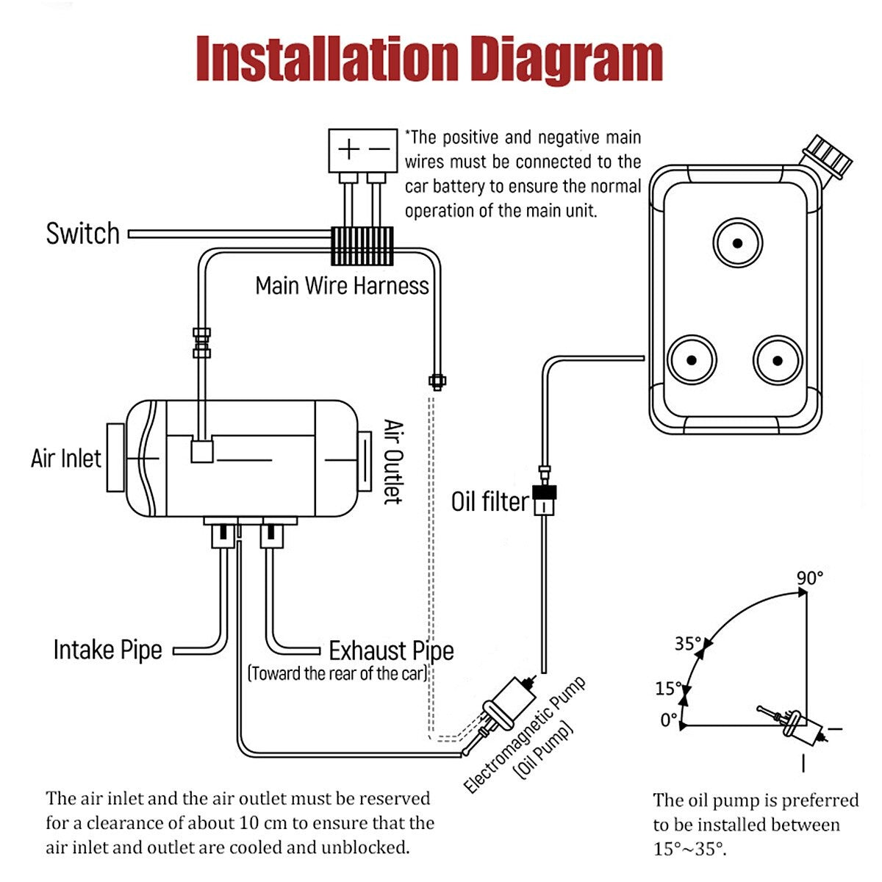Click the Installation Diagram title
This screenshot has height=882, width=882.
pos(430,60)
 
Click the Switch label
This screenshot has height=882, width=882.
pos(82,234)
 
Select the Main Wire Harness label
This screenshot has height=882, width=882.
pos(342,285)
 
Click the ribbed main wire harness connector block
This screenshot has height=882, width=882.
pos(362,245)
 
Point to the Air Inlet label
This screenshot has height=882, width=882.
pos(66,459)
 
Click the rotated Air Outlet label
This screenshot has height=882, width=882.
pos(393,462)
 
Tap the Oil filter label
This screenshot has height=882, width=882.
pos(490,502)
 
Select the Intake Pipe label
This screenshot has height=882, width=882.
pos(107,650)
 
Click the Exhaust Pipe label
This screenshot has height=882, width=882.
pos(391,651)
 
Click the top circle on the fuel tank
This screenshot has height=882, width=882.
pos(737,243)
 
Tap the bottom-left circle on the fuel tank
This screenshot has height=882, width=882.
pos(692,359)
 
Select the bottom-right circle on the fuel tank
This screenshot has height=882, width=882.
pos(778,359)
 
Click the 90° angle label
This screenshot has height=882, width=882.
pos(810,578)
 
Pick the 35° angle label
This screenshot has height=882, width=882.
pos(687,644)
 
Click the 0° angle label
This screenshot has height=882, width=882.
pos(668,720)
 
